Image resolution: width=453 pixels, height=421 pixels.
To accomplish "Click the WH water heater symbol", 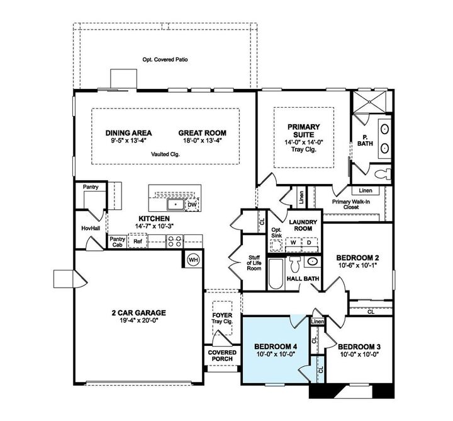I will click(193, 258).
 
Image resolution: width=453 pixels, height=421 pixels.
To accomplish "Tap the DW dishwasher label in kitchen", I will click(193, 205).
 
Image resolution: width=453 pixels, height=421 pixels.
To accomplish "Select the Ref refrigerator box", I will click(138, 241).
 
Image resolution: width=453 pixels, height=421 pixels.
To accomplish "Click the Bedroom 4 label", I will click(275, 347).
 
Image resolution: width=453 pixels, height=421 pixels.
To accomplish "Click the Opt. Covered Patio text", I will click(165, 61).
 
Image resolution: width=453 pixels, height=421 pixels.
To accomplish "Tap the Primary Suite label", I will click(304, 130).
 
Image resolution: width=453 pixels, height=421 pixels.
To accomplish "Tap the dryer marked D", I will click(309, 242).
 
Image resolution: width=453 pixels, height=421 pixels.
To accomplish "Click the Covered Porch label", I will click(223, 355).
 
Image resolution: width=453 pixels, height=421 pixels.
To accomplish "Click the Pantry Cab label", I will click(117, 242).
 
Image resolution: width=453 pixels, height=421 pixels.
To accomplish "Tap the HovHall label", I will click(91, 228).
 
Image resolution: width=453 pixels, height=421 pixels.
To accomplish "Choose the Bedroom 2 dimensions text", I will click(357, 266).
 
